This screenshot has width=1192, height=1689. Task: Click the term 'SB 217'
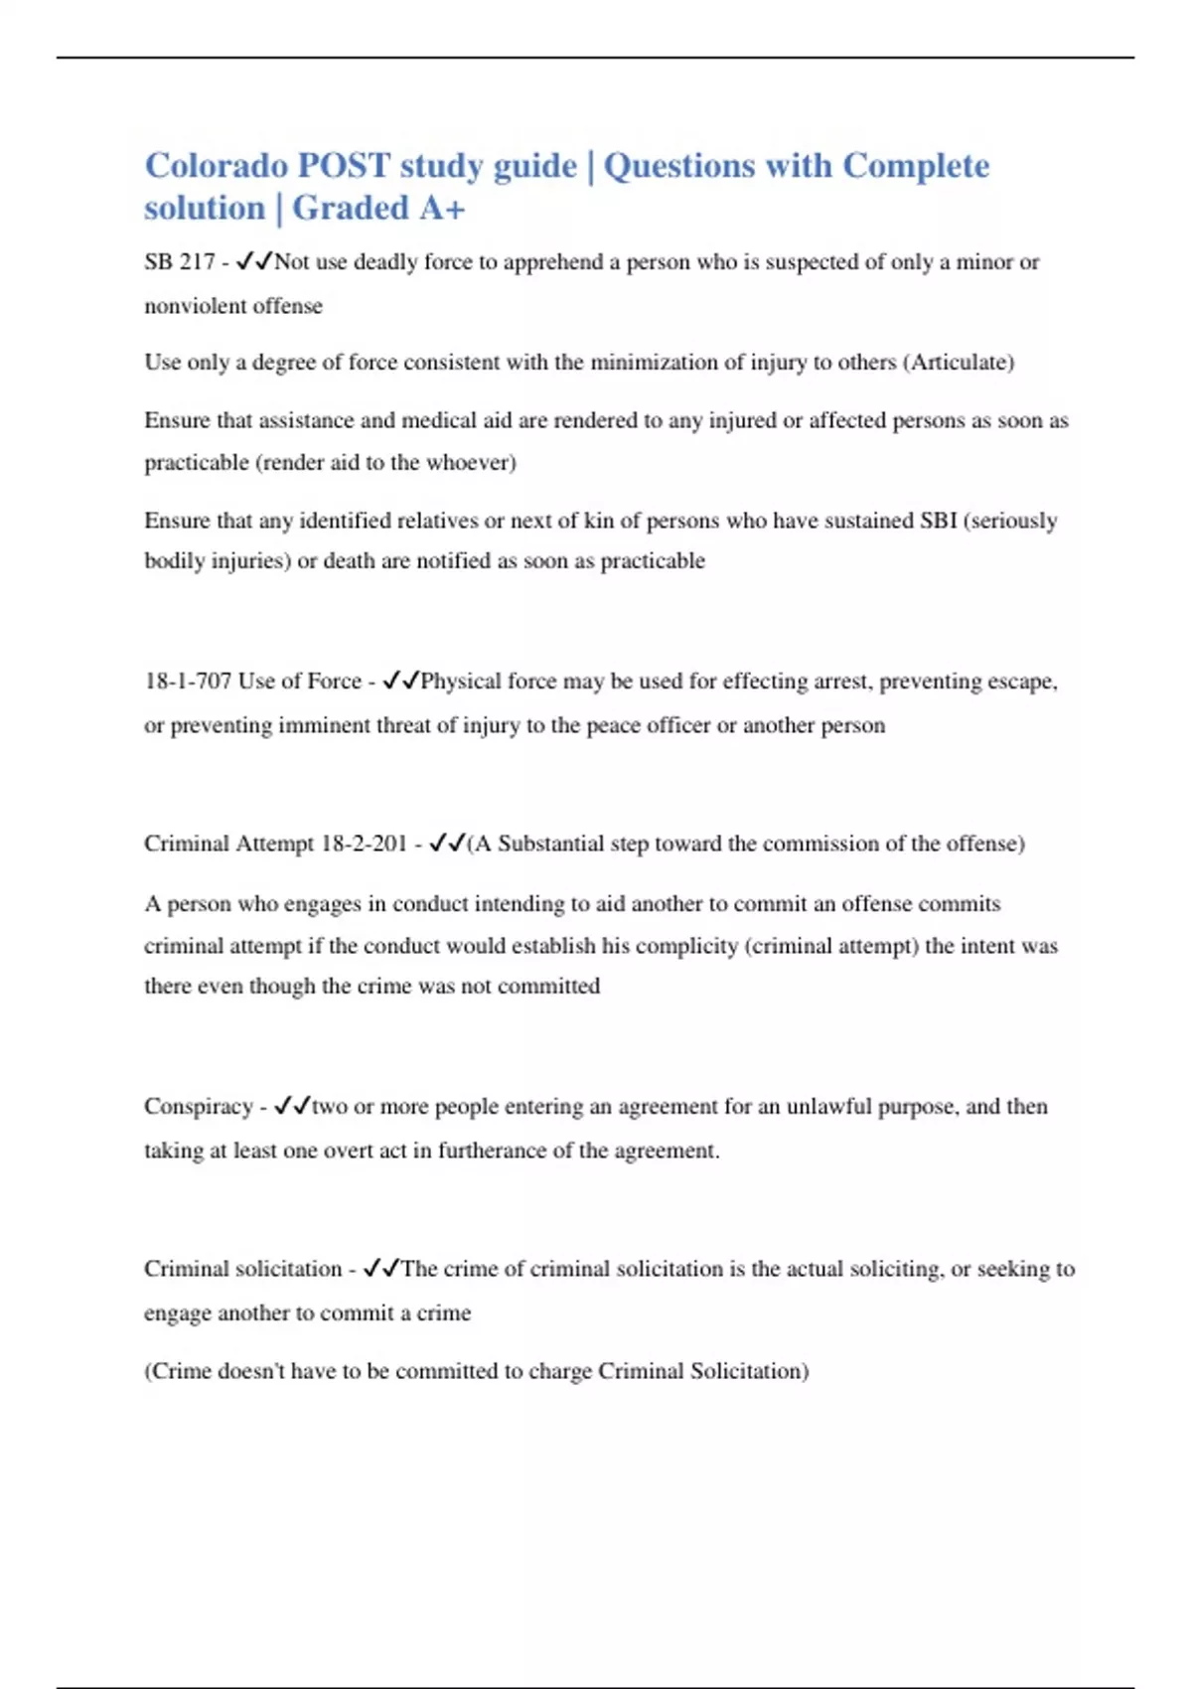point(179,262)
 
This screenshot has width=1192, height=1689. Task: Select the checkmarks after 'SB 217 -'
point(254,262)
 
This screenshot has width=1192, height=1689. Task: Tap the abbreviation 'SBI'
point(938,521)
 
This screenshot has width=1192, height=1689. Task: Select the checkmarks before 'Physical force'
point(400,682)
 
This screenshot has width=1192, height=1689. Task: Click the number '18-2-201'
point(364,844)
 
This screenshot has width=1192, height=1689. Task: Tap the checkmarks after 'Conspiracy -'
point(292,1107)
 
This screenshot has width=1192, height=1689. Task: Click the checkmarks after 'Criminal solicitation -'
point(381,1269)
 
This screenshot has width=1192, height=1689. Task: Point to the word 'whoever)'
point(471,463)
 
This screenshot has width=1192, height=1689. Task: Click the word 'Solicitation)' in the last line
point(749,1371)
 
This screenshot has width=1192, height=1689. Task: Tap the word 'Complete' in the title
point(916,166)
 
